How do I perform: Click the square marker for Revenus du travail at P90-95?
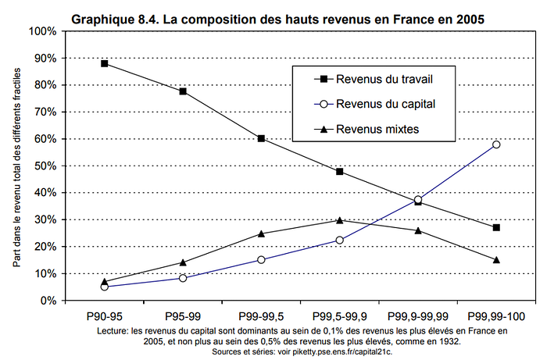pos(104,63)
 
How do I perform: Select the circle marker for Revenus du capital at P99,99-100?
pos(496,144)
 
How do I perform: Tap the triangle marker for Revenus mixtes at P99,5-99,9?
pos(339,220)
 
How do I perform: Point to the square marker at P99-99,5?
pos(261,138)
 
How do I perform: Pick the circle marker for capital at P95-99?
pos(183,278)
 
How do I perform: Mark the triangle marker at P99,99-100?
pos(496,259)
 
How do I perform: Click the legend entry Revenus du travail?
pos(374,79)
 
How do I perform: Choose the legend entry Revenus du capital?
pos(374,104)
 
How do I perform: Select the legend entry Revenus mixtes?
pos(366,130)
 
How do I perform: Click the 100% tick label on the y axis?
pos(42,31)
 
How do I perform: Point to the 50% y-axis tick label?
pos(45,166)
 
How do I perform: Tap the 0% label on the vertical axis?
pos(48,301)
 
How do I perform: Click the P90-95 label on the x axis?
pos(104,316)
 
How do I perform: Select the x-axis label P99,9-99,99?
pos(418,316)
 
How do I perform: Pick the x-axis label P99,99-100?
pos(496,316)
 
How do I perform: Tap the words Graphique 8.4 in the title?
pos(114,19)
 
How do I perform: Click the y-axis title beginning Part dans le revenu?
pos(16,167)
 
